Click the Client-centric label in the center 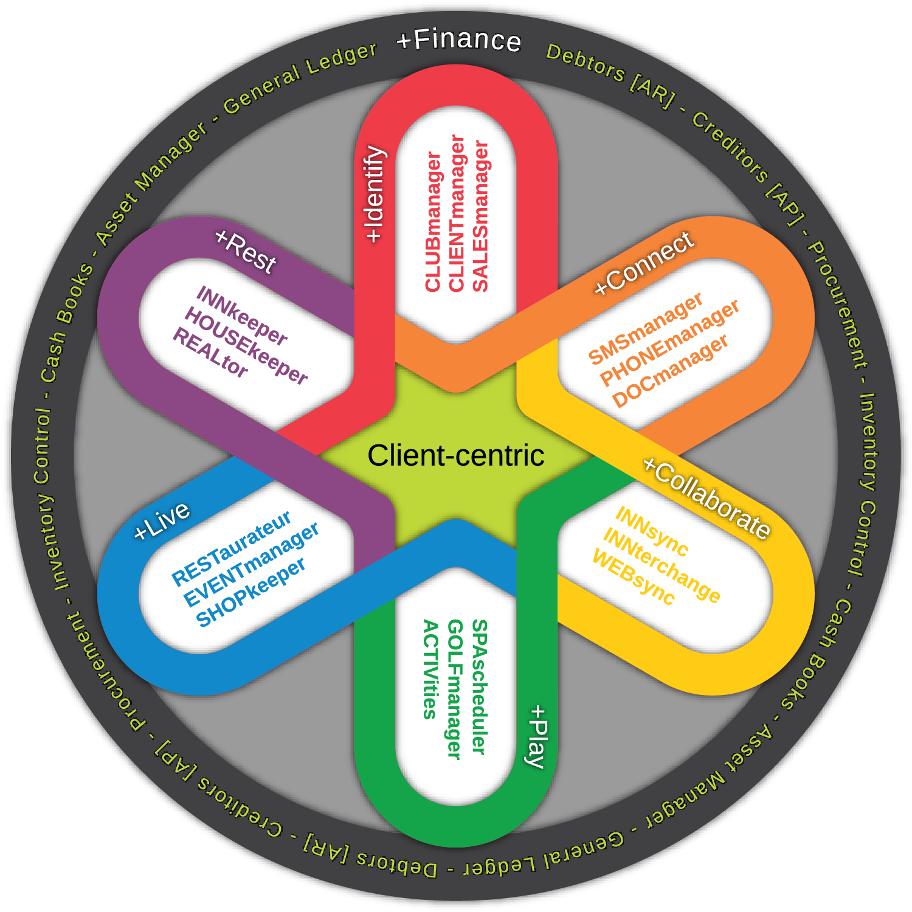(455, 455)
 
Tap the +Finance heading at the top (458, 40)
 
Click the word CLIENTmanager (457, 213)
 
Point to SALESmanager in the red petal (480, 216)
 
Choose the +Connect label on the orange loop (644, 263)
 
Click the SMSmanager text (645, 328)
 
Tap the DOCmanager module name (669, 371)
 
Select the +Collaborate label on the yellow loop (707, 498)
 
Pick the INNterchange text (662, 565)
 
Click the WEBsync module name (633, 577)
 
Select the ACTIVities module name (430, 669)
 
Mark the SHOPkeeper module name (250, 592)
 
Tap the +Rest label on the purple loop (246, 252)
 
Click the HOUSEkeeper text (246, 345)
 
